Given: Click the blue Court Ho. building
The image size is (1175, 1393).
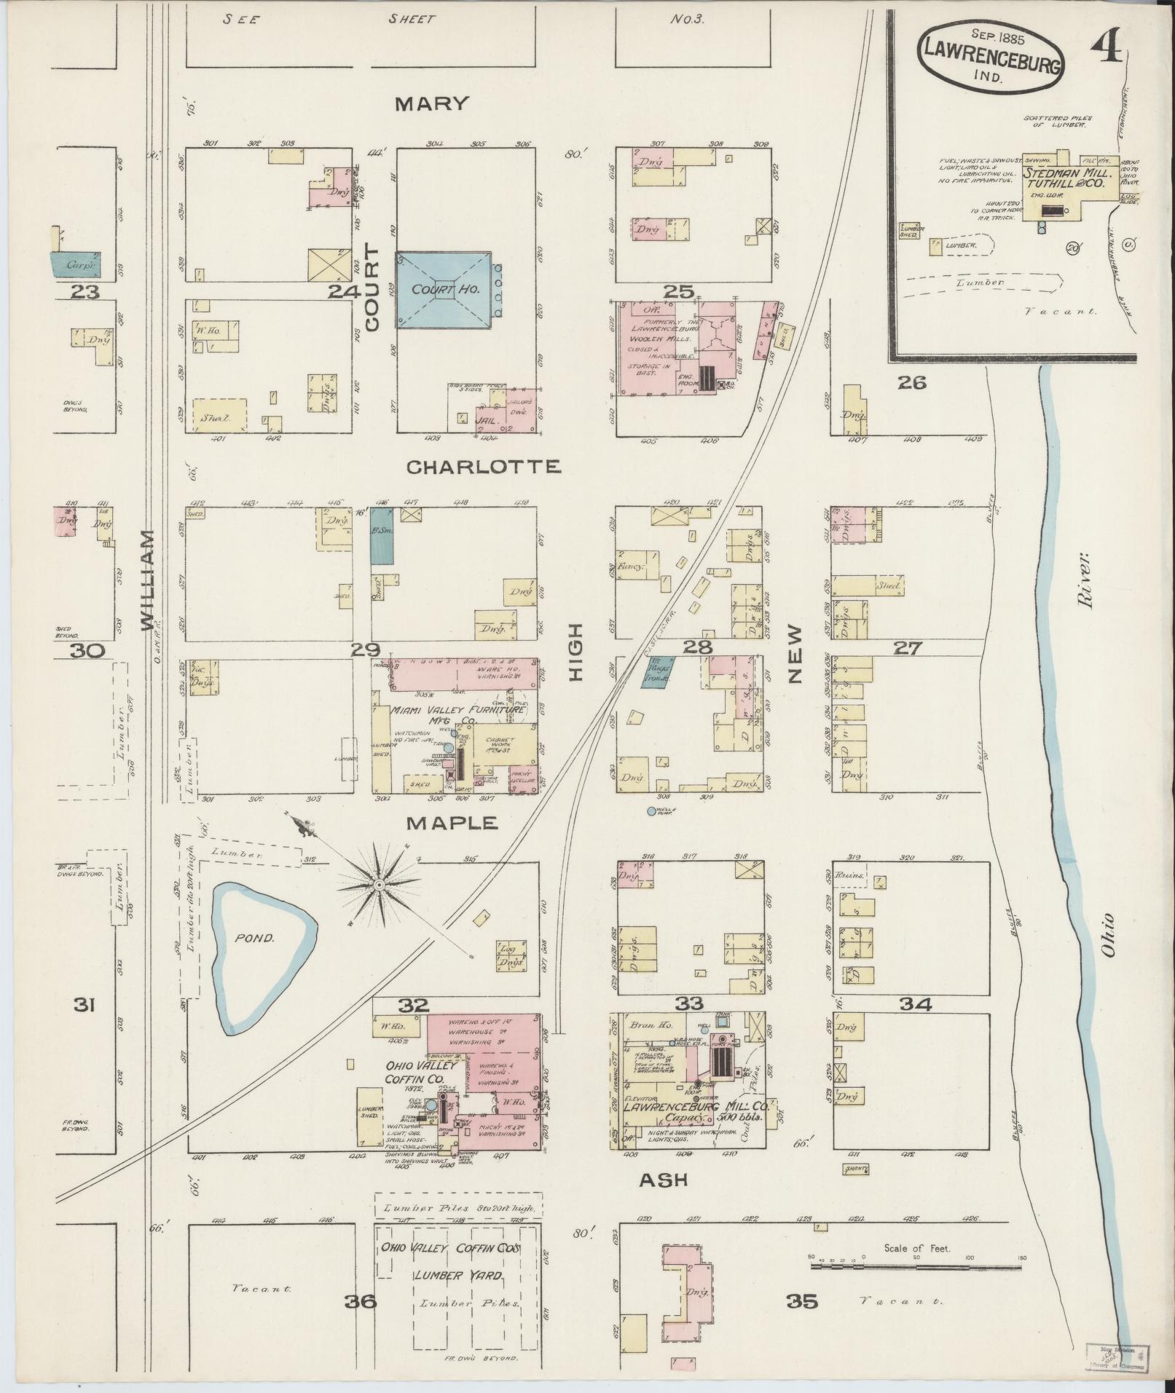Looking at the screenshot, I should click(443, 290).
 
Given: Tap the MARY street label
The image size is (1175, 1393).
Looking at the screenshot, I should click(431, 104).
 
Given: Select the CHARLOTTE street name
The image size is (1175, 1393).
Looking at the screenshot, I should click(483, 467).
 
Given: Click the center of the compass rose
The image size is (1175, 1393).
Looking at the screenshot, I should click(379, 884).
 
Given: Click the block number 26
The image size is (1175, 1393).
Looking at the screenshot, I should click(911, 382).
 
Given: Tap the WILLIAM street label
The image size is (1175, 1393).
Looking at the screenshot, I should click(147, 580).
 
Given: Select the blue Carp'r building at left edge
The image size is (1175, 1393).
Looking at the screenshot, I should click(76, 264).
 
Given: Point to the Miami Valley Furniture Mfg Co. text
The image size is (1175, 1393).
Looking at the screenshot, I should click(457, 714).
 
